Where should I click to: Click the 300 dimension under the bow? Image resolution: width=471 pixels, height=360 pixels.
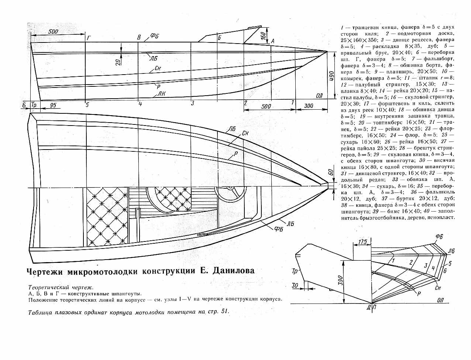pos(309,106)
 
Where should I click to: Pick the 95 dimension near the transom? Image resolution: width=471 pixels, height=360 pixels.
pos(53,105)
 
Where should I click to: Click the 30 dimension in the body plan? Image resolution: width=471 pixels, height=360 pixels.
pos(295,285)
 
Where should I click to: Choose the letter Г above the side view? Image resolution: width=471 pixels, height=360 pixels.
pos(88,38)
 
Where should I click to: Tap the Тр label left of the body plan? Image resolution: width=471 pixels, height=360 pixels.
pos(295,271)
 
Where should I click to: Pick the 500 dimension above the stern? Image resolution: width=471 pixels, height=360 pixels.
pos(53,31)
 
